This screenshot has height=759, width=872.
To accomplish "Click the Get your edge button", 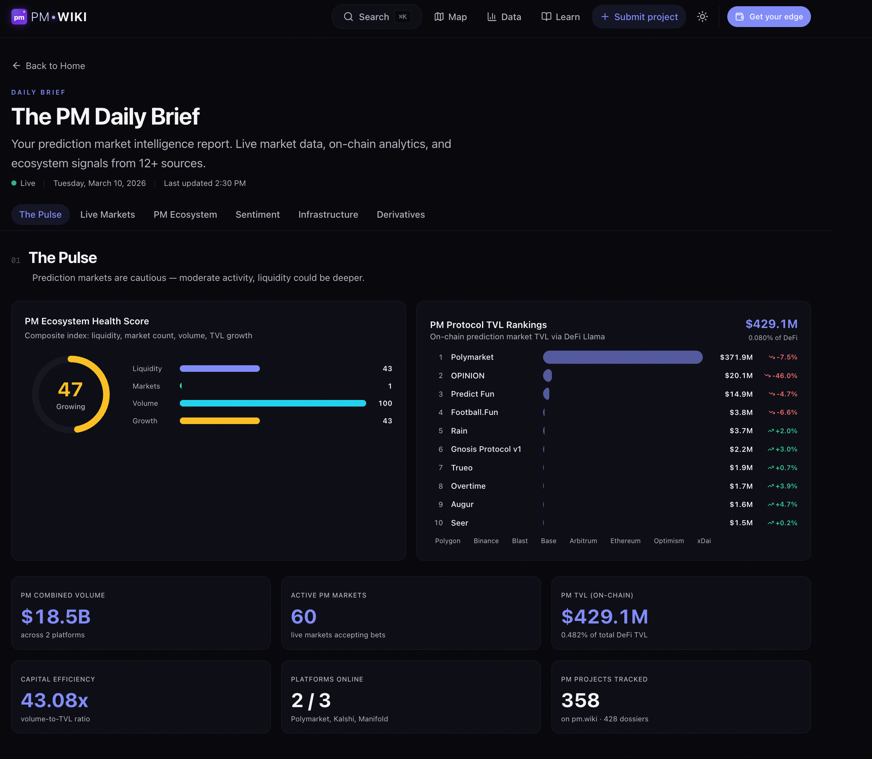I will pyautogui.click(x=769, y=17).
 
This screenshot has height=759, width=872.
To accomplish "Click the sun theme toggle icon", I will pyautogui.click(x=702, y=17).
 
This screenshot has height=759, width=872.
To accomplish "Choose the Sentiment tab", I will pyautogui.click(x=257, y=215).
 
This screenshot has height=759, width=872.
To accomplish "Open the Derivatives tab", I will pyautogui.click(x=401, y=215).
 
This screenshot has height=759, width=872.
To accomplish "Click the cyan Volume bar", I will pyautogui.click(x=272, y=404).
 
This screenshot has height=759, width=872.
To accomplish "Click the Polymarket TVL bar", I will pyautogui.click(x=622, y=358).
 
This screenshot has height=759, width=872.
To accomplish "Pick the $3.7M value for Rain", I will pyautogui.click(x=741, y=431).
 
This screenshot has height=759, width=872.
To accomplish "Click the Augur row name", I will pyautogui.click(x=462, y=504).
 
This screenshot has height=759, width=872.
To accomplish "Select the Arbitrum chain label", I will pyautogui.click(x=583, y=541).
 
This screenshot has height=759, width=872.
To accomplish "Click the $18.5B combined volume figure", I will pyautogui.click(x=56, y=617).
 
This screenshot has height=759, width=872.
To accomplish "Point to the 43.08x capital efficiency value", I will pyautogui.click(x=54, y=701).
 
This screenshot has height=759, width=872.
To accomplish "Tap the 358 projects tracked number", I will pyautogui.click(x=580, y=701).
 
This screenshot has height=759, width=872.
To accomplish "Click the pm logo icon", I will pyautogui.click(x=19, y=17).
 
